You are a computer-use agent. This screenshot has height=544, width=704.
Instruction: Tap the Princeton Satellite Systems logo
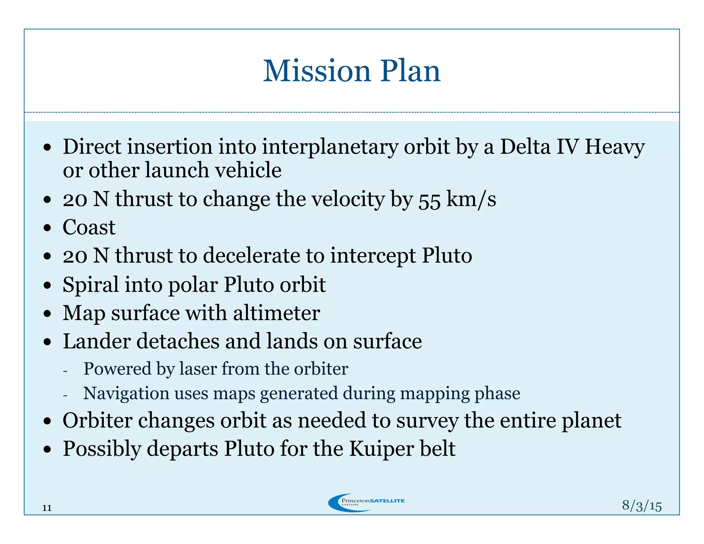[x=366, y=502]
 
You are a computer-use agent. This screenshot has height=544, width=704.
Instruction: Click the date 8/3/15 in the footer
[x=641, y=506]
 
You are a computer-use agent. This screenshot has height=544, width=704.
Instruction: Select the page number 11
[x=47, y=508]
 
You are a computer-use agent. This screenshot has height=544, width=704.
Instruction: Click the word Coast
[x=89, y=227]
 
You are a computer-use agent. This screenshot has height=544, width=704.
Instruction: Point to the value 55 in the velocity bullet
[x=429, y=200]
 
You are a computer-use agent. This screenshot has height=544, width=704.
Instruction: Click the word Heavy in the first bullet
[x=615, y=147]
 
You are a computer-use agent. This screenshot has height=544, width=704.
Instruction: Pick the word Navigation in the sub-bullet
[x=126, y=393]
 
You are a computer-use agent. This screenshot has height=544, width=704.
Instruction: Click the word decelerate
[x=264, y=256]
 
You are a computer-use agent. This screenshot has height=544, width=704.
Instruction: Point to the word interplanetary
[x=330, y=147]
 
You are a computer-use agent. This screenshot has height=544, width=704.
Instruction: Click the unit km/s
[x=471, y=199]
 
